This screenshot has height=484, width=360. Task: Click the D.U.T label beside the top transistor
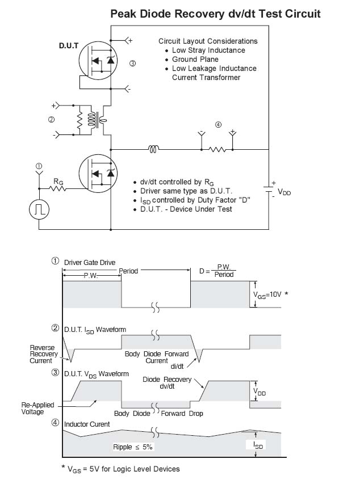click(x=69, y=46)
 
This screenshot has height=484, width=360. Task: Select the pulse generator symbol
click(x=39, y=209)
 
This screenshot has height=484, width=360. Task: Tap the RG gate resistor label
click(x=58, y=181)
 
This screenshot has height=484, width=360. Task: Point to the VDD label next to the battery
click(x=284, y=192)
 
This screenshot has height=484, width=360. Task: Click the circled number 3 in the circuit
click(x=132, y=64)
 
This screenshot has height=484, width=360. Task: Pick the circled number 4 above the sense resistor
click(x=218, y=125)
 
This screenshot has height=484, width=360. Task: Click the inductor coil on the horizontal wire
click(x=153, y=149)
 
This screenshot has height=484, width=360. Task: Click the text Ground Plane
click(x=195, y=59)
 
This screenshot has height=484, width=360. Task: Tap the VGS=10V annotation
click(x=267, y=295)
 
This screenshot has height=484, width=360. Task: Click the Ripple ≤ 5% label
click(x=133, y=447)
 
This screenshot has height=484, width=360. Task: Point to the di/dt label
click(x=177, y=367)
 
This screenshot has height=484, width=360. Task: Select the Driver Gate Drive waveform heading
click(x=90, y=263)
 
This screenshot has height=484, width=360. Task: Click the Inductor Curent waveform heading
click(x=87, y=424)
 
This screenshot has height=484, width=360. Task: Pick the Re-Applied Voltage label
click(x=37, y=409)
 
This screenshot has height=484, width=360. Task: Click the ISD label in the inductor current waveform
click(x=258, y=445)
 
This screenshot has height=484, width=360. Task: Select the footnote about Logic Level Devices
click(x=120, y=469)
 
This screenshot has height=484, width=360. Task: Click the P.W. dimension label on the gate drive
click(x=90, y=276)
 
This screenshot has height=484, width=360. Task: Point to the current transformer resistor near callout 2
click(x=79, y=120)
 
